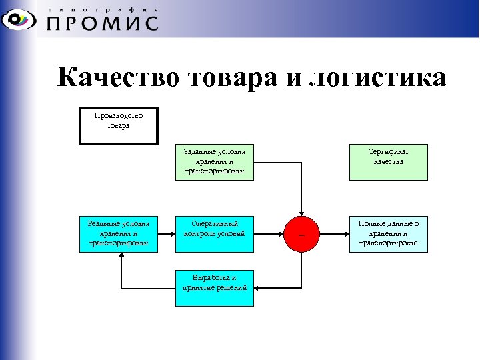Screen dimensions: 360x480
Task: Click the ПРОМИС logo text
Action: coord(103,23)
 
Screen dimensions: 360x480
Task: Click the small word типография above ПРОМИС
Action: coord(103,9)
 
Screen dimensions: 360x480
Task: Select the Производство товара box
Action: coord(119,125)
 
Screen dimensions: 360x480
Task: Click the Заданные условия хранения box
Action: coord(215,162)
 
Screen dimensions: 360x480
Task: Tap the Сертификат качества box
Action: coord(389,162)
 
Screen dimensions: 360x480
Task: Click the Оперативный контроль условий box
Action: coord(215,233)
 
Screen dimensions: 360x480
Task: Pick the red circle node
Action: coord(301,234)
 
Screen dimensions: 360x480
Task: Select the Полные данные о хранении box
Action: coord(389,233)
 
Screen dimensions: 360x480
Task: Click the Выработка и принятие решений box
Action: coord(215,287)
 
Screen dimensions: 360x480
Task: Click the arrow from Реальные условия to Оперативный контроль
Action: coord(167,234)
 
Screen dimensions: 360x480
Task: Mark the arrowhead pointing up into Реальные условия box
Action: coord(121,257)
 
